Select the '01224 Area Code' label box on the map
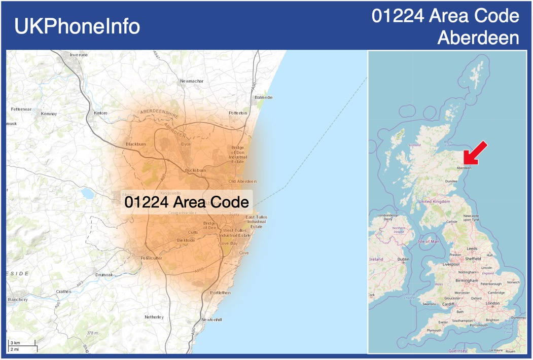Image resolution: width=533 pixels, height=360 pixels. [x=187, y=202]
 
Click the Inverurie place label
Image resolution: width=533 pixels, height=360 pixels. [x=79, y=54]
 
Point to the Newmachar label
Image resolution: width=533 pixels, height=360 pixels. [x=192, y=81]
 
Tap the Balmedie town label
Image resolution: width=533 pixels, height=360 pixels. [x=264, y=97]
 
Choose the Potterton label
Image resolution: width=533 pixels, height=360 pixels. [x=238, y=113]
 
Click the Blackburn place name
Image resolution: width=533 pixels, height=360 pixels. [x=135, y=144]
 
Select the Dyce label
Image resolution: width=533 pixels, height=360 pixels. [x=186, y=144]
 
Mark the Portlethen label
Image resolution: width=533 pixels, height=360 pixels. [x=220, y=293]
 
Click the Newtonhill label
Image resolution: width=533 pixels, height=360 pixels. [x=211, y=319]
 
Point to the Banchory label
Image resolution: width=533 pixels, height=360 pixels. [x=18, y=300]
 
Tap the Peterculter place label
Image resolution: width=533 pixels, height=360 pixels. [x=151, y=258]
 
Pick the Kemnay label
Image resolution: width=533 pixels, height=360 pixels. [x=49, y=114]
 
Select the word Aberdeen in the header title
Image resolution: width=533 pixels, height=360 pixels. [x=478, y=38]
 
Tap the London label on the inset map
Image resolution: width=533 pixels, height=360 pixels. [x=492, y=303]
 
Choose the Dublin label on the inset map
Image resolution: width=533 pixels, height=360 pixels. [x=403, y=259]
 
